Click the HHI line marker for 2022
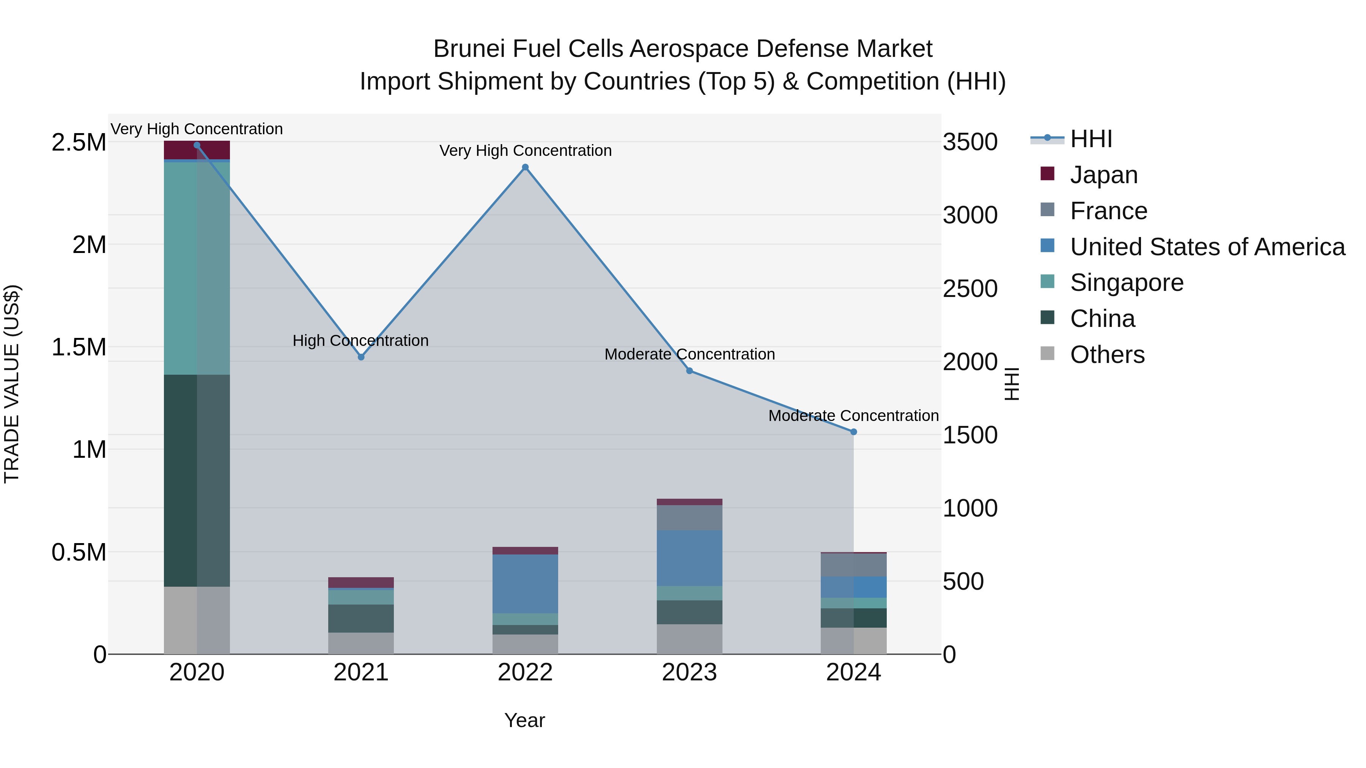pos(525,168)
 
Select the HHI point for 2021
pos(361,357)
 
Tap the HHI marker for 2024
pos(853,432)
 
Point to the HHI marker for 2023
pos(689,371)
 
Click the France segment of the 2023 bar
pos(689,518)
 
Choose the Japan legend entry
pos(1103,175)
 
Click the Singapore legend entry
pos(1126,283)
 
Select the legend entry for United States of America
pos(1207,247)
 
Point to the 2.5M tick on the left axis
pos(79,143)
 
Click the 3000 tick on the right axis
pos(970,215)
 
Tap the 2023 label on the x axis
pos(689,672)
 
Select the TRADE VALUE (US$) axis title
pos(12,384)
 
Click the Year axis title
pos(524,720)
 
